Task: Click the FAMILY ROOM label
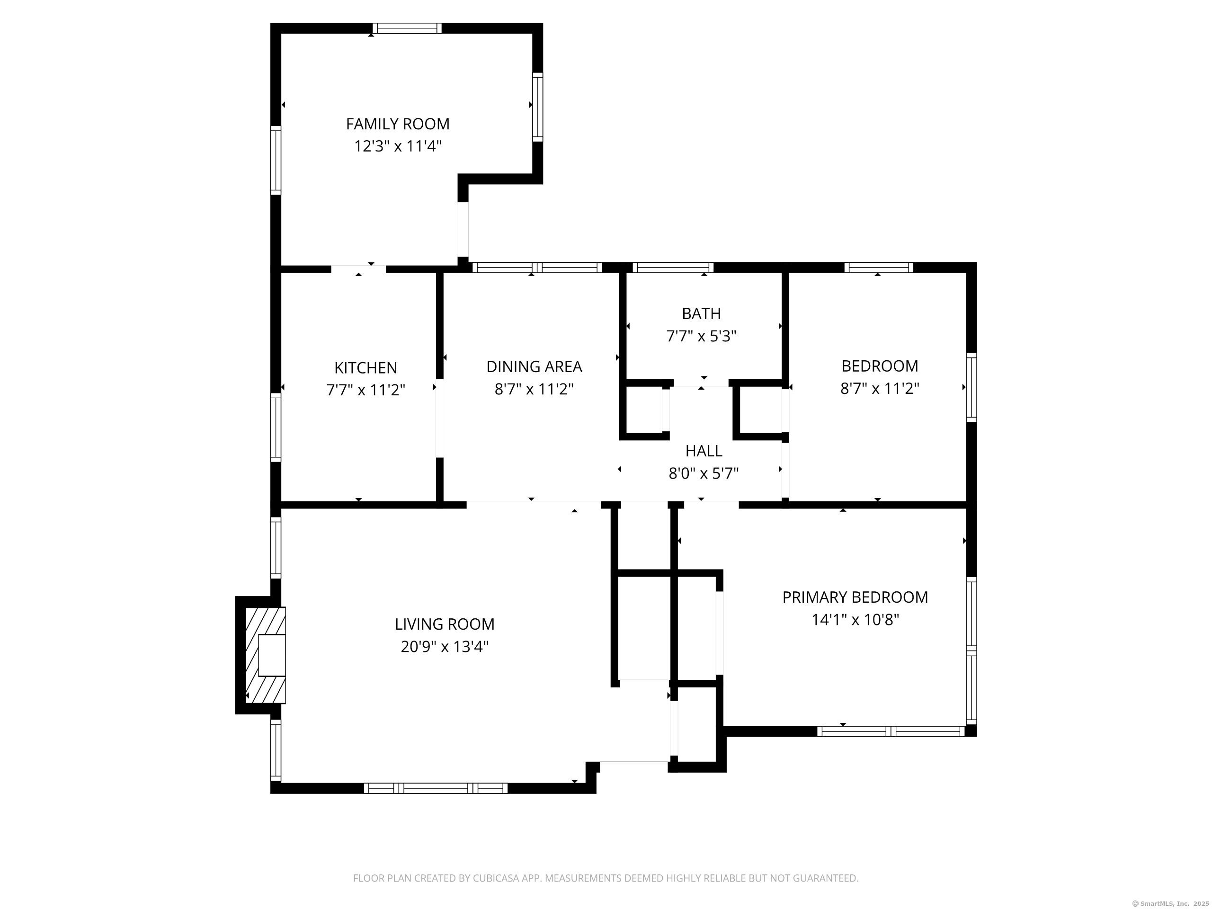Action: [397, 124]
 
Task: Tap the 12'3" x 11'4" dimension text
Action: [397, 146]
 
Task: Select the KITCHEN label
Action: [365, 368]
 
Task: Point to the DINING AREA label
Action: [534, 366]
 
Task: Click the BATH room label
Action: [701, 313]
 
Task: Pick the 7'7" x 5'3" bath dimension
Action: [701, 336]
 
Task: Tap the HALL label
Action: [704, 451]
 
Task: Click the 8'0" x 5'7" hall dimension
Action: [704, 473]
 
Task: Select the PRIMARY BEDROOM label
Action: [855, 597]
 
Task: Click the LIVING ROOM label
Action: [445, 624]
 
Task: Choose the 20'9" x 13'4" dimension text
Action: [445, 647]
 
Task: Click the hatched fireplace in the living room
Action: [265, 655]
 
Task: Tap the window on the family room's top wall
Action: [407, 28]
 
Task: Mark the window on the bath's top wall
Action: [673, 267]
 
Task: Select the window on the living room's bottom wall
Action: [436, 788]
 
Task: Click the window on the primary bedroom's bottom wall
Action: [891, 731]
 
